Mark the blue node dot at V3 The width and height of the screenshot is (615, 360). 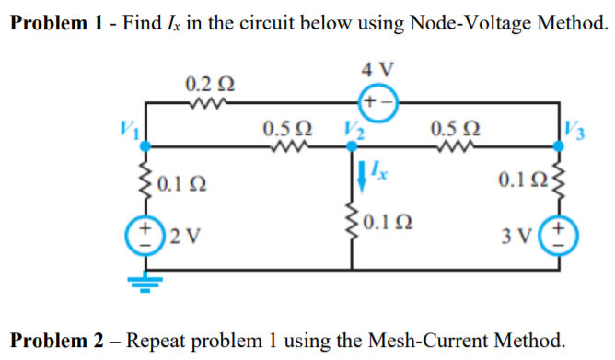pos(559,145)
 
